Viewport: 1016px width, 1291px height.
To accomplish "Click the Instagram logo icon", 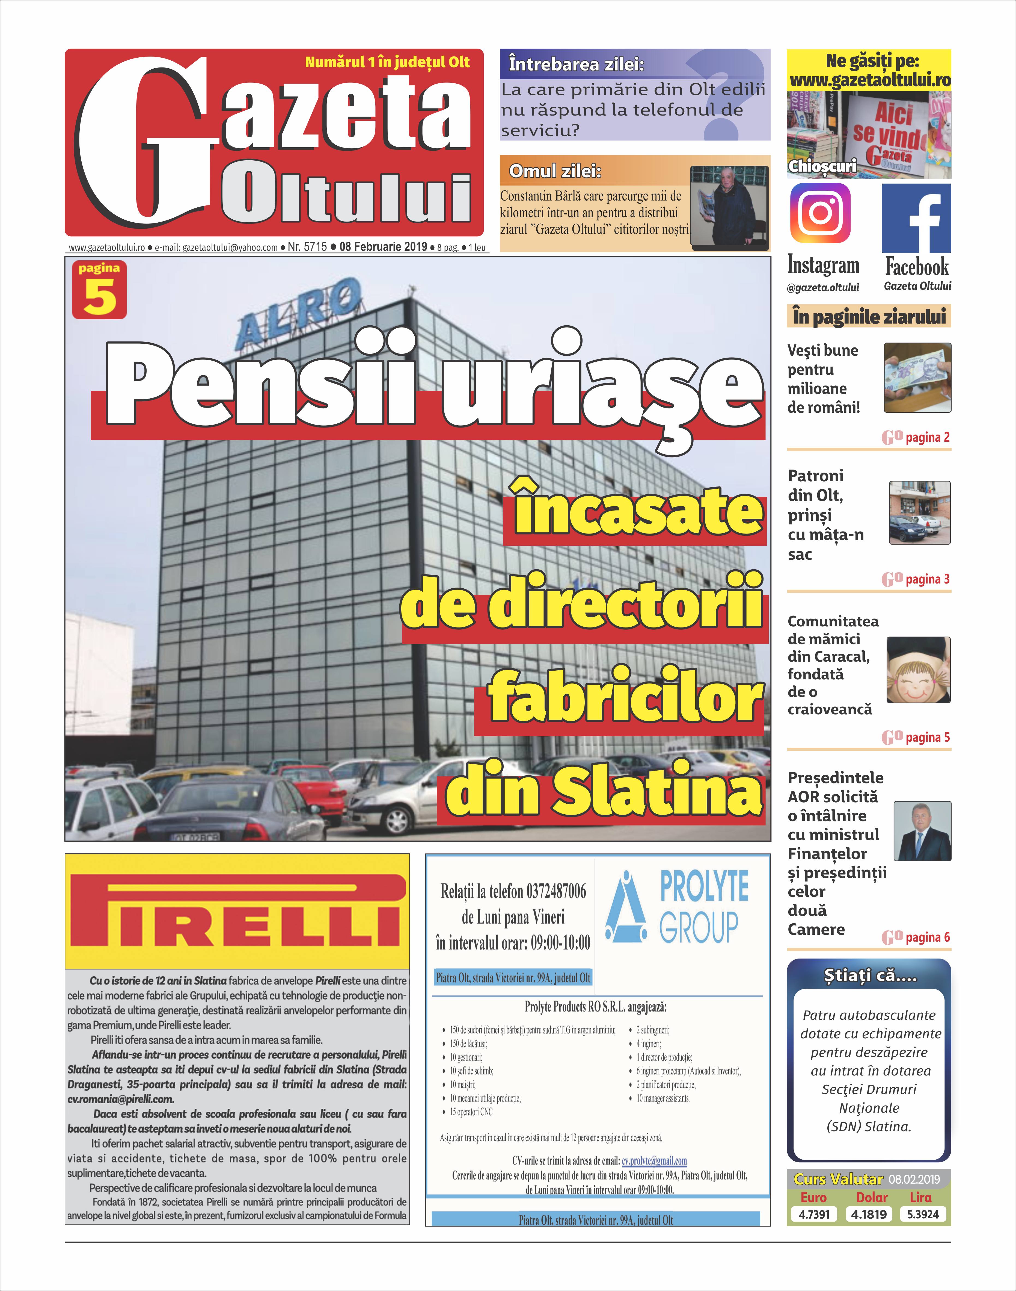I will click(820, 213).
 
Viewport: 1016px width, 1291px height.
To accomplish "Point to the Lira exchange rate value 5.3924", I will click(923, 1214).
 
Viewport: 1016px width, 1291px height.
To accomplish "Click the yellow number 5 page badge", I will click(99, 290).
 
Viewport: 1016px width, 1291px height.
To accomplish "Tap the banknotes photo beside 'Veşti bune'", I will click(917, 377).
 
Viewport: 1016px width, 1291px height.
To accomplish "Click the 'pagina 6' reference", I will click(927, 938).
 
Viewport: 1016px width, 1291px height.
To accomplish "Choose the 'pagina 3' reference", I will click(927, 579).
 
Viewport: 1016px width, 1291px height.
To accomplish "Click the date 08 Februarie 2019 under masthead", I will click(383, 246).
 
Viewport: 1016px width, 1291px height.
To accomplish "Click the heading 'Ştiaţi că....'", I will click(869, 976).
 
